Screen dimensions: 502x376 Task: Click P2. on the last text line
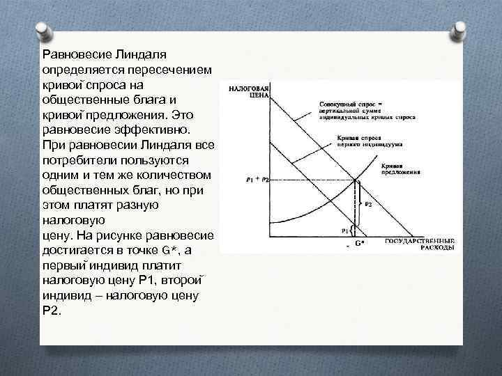coord(52,311)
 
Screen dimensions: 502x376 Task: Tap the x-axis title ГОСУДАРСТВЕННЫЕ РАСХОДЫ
coord(420,244)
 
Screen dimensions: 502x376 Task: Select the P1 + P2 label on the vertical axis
coord(257,180)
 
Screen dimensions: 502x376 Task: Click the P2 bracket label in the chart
coord(368,205)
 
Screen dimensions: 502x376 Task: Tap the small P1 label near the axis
coord(344,229)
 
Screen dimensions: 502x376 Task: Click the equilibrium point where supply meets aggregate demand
coord(356,180)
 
